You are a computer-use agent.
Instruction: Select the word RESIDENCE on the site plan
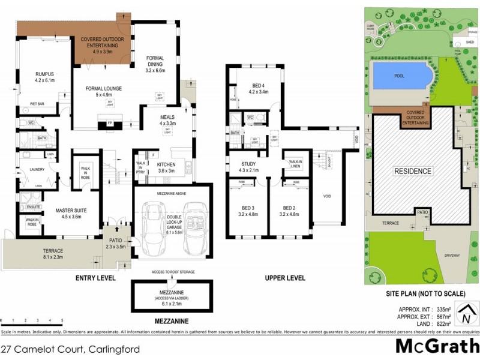click(x=412, y=171)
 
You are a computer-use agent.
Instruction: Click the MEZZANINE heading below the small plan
click(x=172, y=322)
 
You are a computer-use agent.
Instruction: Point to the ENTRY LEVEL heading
click(x=95, y=278)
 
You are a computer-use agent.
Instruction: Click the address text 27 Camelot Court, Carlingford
click(x=71, y=349)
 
